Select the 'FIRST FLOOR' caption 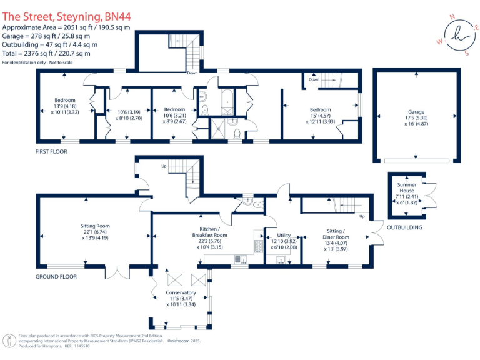click(52, 152)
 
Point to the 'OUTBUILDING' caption click(404, 227)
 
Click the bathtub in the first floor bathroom click(226, 98)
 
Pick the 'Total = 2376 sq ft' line click(50, 54)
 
